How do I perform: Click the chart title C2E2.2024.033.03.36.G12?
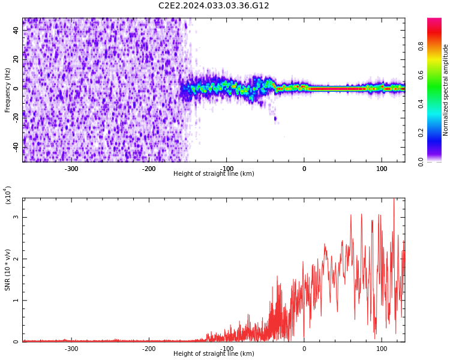[214, 6]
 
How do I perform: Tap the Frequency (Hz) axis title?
[8, 90]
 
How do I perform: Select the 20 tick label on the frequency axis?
[16, 58]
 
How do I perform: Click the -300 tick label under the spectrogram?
[71, 169]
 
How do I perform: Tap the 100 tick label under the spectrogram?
[382, 169]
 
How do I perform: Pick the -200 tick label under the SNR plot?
[149, 349]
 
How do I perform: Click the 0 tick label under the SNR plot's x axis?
[304, 349]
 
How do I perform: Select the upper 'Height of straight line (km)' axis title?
[214, 174]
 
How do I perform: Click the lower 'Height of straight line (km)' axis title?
[214, 354]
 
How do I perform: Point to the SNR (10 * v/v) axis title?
[8, 270]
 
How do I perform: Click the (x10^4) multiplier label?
[8, 195]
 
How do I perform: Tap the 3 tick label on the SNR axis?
[16, 217]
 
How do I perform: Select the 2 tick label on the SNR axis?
[16, 259]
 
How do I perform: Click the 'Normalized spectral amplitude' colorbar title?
[446, 90]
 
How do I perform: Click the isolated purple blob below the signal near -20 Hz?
[275, 119]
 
